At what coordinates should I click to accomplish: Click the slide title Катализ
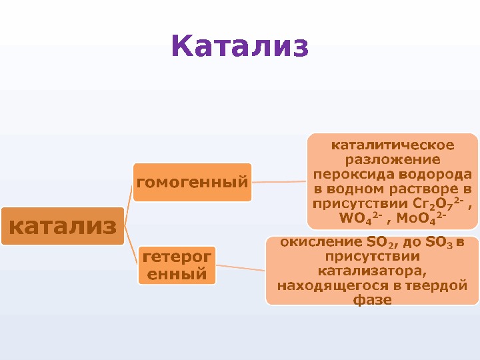(240, 47)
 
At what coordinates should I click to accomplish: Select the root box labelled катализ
(63, 226)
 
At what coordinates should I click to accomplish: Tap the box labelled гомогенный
(192, 181)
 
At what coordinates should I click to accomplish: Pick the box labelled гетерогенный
(177, 265)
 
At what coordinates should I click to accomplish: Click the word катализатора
(371, 271)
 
